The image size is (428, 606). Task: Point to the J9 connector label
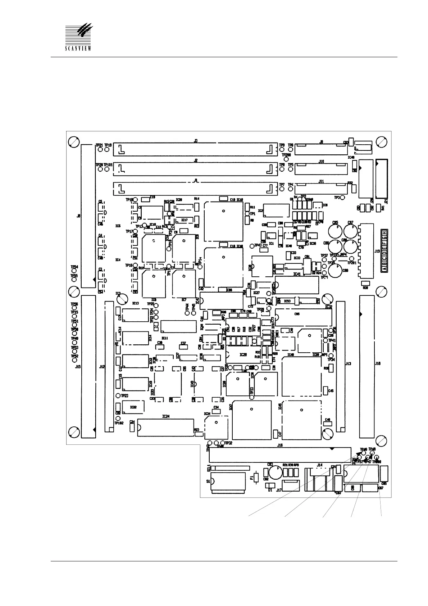click(321, 142)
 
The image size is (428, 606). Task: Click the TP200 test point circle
click(286, 159)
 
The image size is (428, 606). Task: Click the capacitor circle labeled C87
click(350, 230)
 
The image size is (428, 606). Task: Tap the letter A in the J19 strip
click(384, 268)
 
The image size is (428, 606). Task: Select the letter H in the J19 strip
click(384, 232)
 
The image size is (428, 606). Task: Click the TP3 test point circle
click(343, 198)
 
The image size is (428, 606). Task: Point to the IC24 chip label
click(165, 416)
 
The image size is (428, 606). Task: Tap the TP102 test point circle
click(118, 419)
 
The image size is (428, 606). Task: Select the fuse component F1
click(256, 478)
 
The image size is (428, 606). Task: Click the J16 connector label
click(280, 445)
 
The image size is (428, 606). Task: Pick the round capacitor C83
click(276, 472)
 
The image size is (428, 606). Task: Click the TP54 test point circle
click(74, 271)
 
